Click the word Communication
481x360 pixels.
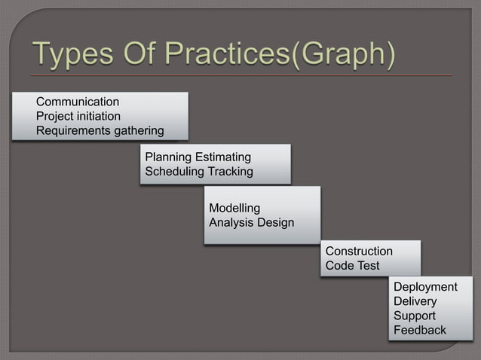78,101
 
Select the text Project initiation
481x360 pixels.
78,116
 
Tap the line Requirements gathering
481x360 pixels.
100,131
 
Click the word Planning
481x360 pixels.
168,157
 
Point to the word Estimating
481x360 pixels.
223,157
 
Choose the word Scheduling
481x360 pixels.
174,172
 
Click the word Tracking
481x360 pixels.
230,172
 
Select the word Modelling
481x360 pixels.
234,208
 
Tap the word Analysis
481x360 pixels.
231,223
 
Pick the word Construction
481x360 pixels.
359,251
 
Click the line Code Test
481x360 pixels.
352,266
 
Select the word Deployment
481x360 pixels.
425,287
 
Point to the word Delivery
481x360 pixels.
415,301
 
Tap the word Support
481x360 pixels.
415,316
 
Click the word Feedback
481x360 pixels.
420,330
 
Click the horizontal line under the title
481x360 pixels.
241,76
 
